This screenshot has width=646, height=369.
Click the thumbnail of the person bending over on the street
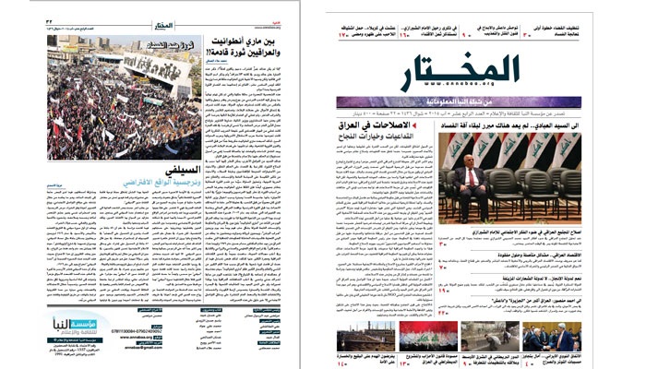pyautogui.click(x=489, y=336)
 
